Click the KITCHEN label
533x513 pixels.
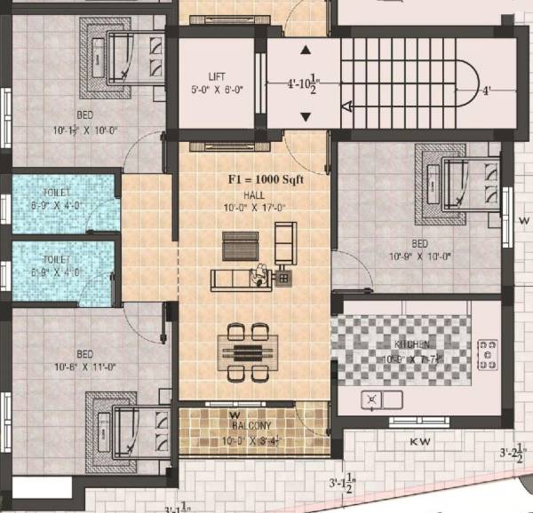pyautogui.click(x=413, y=344)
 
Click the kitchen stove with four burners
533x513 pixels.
pyautogui.click(x=487, y=354)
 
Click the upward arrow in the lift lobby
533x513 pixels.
pyautogui.click(x=306, y=51)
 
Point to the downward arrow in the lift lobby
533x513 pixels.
pyautogui.click(x=306, y=117)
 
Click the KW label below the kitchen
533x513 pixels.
pyautogui.click(x=420, y=440)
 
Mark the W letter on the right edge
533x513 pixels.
pyautogui.click(x=524, y=218)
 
